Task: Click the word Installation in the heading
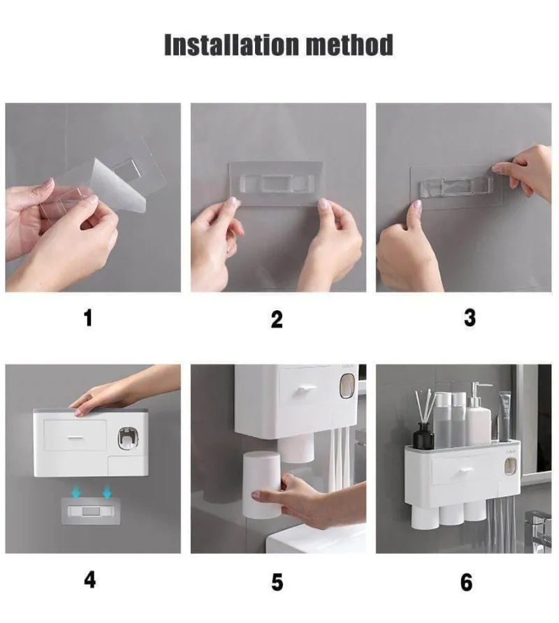click(231, 45)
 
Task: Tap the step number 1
click(88, 318)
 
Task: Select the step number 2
click(277, 319)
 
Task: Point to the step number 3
click(470, 318)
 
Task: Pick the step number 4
click(90, 580)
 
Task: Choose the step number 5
click(277, 582)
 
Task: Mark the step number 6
click(466, 582)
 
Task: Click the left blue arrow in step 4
click(76, 493)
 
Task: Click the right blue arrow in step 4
click(106, 493)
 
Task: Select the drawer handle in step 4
click(74, 437)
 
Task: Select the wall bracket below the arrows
click(89, 511)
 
